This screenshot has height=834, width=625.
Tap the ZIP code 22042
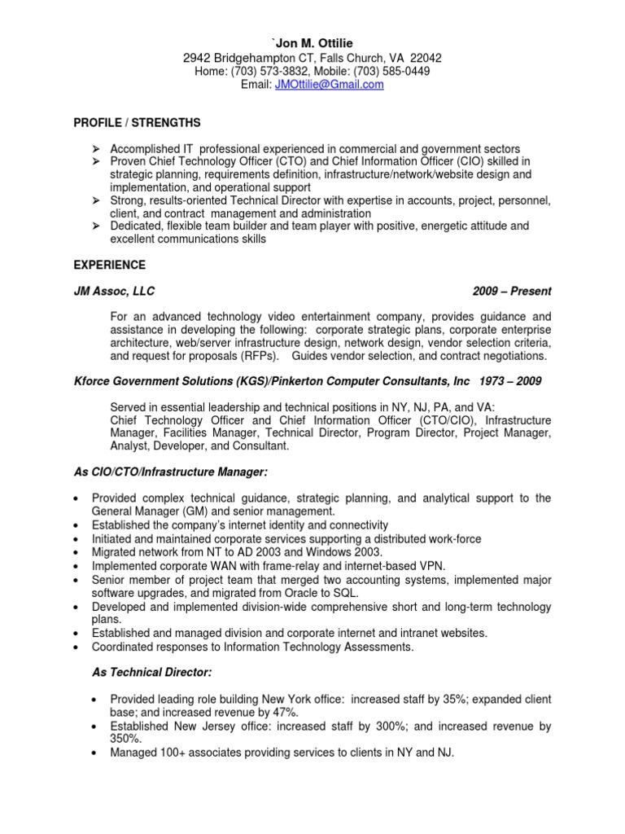[x=426, y=58]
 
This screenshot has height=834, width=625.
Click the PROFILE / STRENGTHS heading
[x=137, y=123]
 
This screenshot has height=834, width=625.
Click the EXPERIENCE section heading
[x=110, y=266]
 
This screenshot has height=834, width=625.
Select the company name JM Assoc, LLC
[x=114, y=291]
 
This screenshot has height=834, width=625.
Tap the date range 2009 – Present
[x=511, y=291]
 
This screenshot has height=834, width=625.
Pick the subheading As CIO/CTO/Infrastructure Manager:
[x=171, y=472]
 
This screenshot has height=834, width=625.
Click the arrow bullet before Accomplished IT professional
[x=95, y=149]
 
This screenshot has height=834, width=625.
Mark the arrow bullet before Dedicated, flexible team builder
[x=95, y=226]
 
